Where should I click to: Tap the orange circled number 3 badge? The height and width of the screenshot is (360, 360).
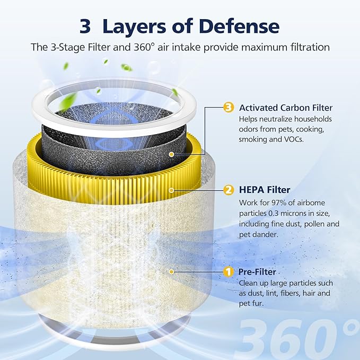(229, 108)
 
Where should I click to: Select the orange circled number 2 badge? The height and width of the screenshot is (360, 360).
(229, 189)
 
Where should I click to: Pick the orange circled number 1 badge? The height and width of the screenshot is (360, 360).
(229, 271)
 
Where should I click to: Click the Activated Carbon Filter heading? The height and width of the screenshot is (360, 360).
(286, 108)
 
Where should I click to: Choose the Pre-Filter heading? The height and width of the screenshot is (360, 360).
(257, 271)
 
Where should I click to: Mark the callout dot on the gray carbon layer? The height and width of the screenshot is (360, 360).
(171, 154)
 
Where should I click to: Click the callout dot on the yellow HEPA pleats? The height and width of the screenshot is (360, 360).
(171, 189)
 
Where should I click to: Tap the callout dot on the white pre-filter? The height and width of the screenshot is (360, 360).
(171, 271)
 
